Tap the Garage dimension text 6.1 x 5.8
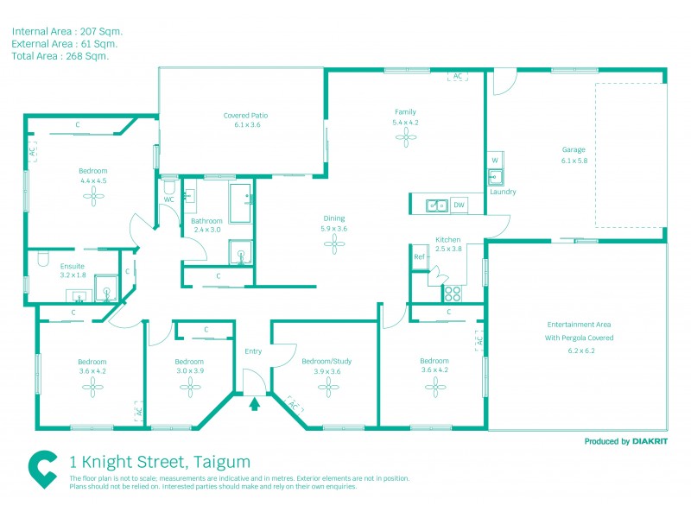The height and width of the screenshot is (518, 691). [x=574, y=161]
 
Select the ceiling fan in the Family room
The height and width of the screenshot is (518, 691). [x=405, y=141]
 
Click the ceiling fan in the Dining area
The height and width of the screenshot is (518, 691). [x=333, y=246]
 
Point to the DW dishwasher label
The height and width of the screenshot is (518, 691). [x=458, y=205]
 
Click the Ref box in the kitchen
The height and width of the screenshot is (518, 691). [x=419, y=257]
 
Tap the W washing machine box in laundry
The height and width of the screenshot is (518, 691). [x=495, y=161]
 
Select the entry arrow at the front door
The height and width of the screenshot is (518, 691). [x=255, y=402]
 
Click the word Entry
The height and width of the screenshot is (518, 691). [x=253, y=351]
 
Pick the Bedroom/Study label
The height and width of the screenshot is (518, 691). [x=326, y=361]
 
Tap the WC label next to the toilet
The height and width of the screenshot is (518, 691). [x=169, y=200]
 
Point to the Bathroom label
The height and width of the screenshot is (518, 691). [x=206, y=221]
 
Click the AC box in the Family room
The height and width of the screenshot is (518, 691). [x=456, y=77]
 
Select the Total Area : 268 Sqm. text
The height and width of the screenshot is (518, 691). [x=60, y=56]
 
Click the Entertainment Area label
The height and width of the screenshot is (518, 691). [x=577, y=325]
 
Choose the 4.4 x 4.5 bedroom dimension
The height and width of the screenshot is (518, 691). [x=92, y=181]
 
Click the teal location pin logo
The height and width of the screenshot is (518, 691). [x=42, y=470]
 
